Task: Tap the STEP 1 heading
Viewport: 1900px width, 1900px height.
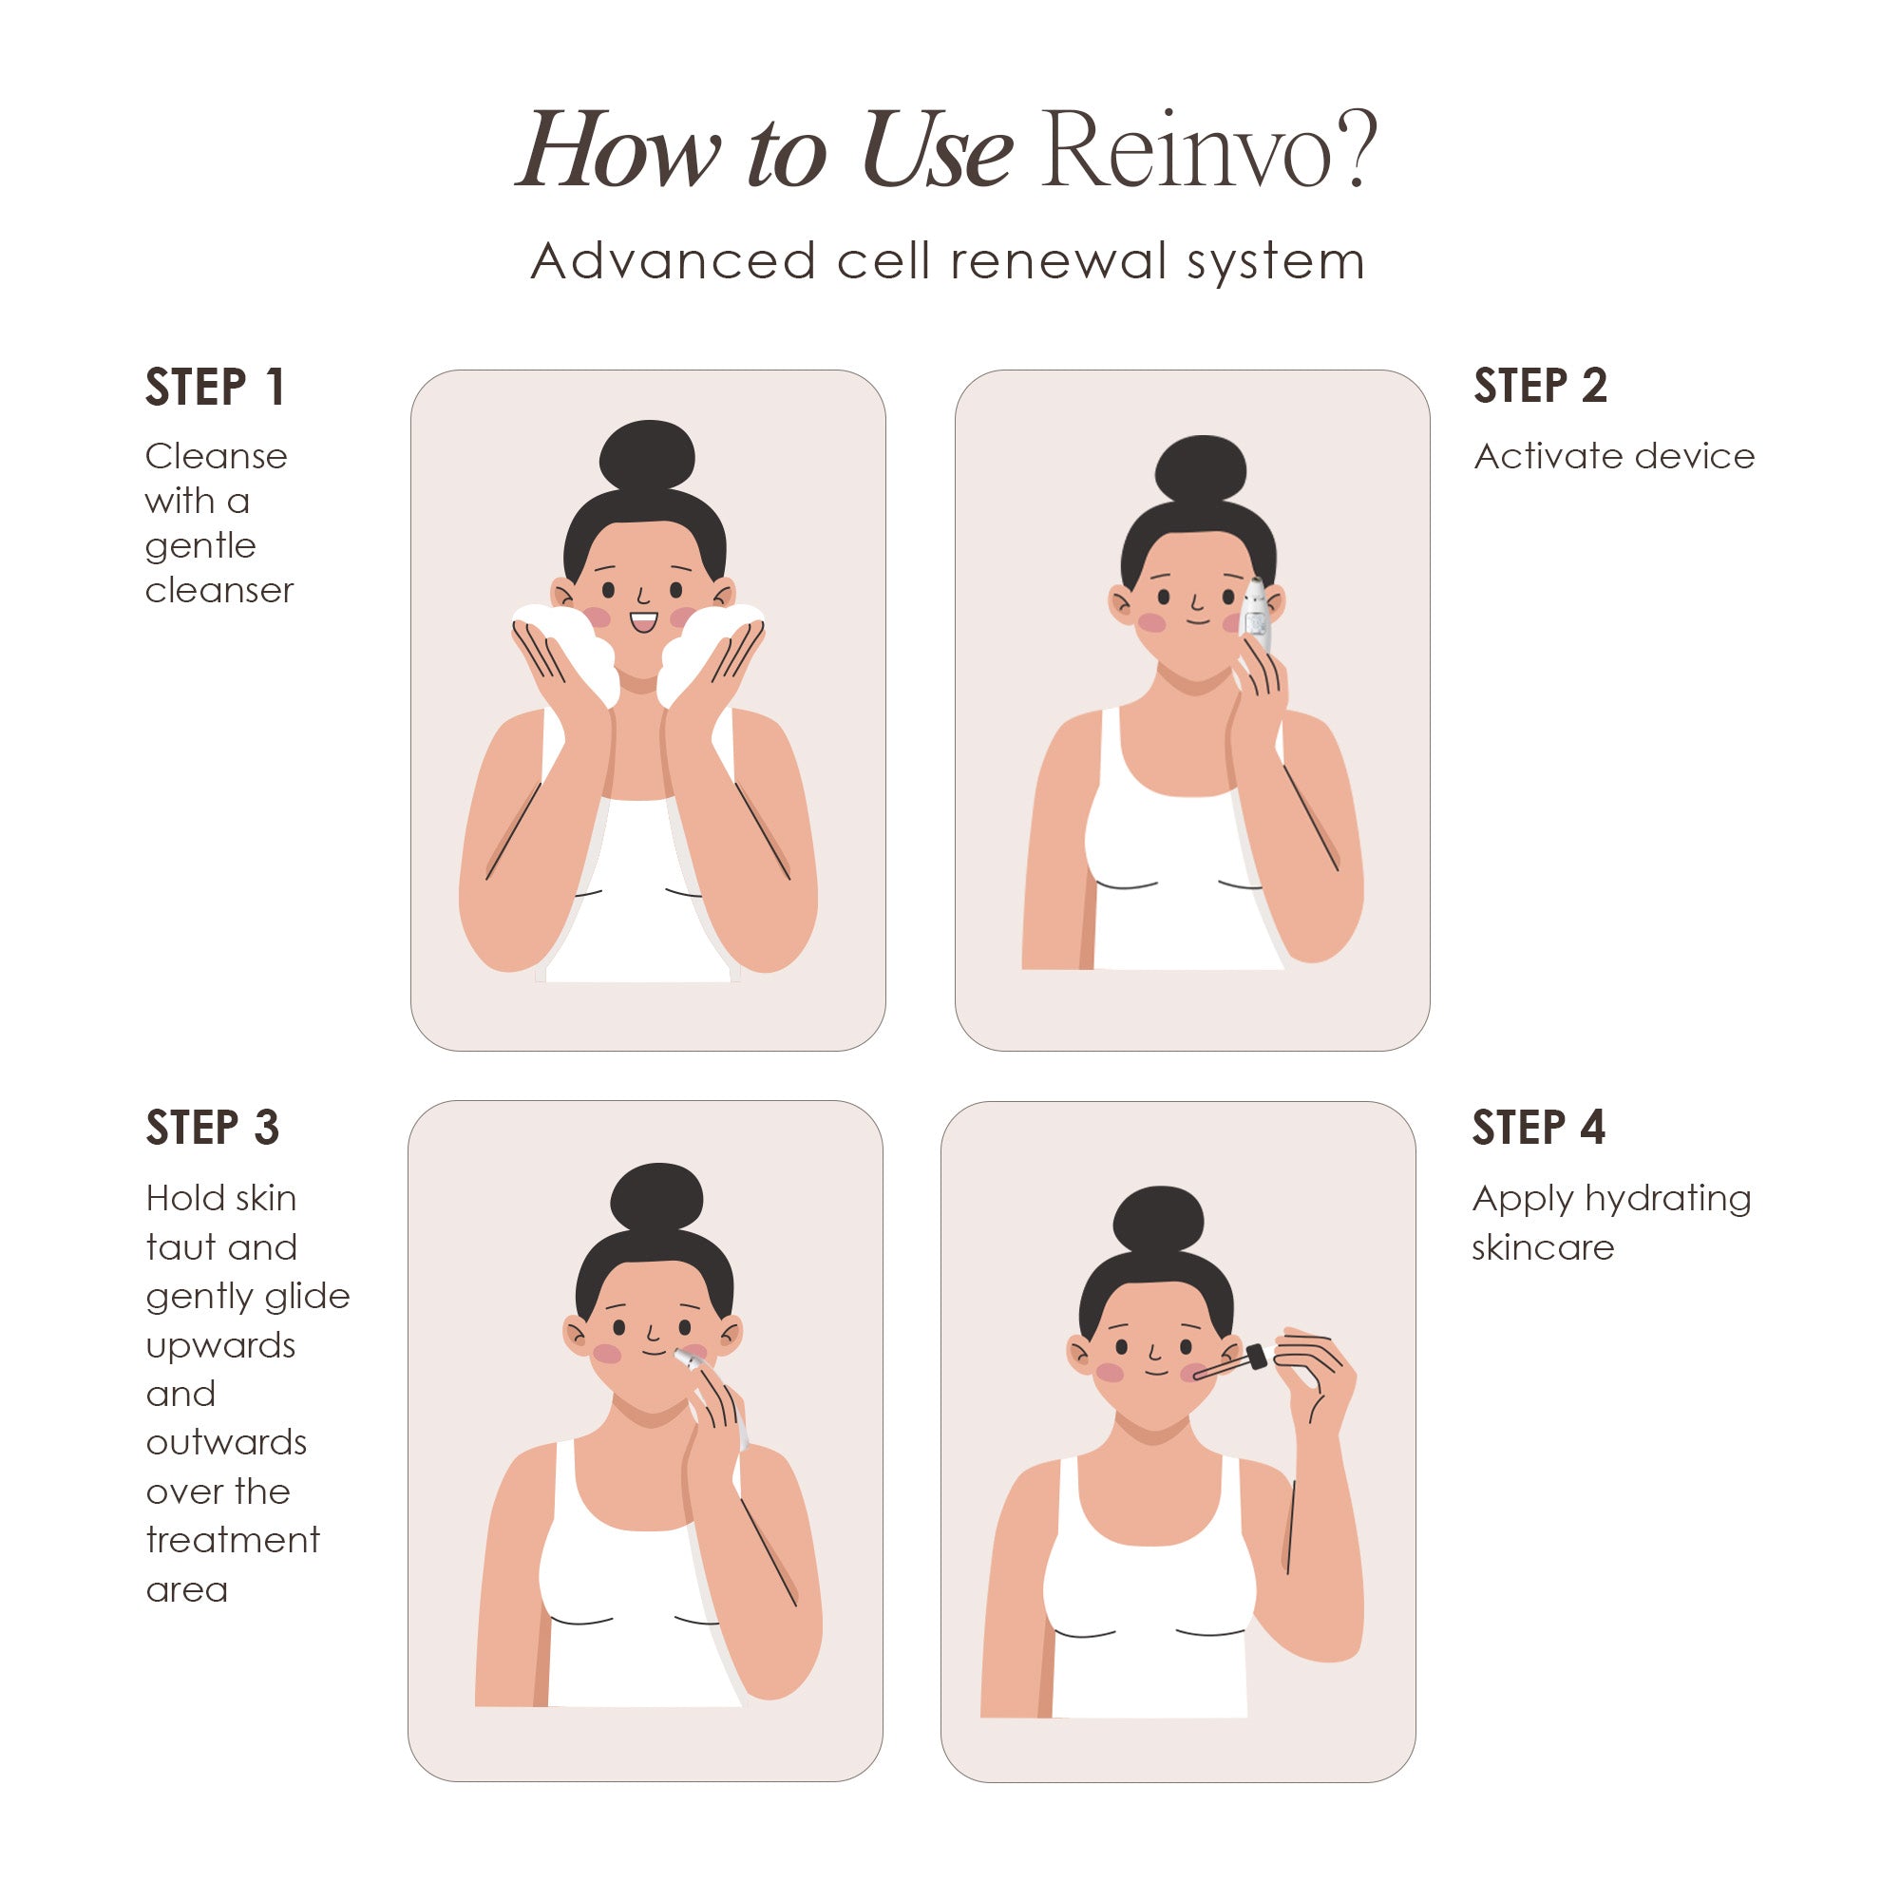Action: pyautogui.click(x=216, y=387)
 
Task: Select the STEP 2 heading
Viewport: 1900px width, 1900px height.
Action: pyautogui.click(x=1540, y=385)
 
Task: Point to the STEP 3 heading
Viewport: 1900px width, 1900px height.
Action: pyautogui.click(x=213, y=1127)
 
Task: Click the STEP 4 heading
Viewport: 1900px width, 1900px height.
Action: pyautogui.click(x=1538, y=1126)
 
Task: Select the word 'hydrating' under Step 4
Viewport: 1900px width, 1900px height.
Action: pyautogui.click(x=1668, y=1199)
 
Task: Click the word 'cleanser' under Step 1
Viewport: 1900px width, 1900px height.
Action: pyautogui.click(x=219, y=590)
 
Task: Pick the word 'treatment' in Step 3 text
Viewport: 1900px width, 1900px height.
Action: pyautogui.click(x=232, y=1540)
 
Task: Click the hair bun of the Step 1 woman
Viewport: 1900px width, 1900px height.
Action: pyautogui.click(x=647, y=456)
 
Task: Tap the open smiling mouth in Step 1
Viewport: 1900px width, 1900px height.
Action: pyautogui.click(x=643, y=622)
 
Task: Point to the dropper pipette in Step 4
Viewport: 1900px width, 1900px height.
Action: pyautogui.click(x=1229, y=1365)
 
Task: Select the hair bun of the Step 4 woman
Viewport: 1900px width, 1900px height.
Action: pyautogui.click(x=1158, y=1220)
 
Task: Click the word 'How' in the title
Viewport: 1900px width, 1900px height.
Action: pyautogui.click(x=619, y=152)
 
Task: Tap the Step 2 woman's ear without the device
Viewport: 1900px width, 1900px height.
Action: pyautogui.click(x=1120, y=604)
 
